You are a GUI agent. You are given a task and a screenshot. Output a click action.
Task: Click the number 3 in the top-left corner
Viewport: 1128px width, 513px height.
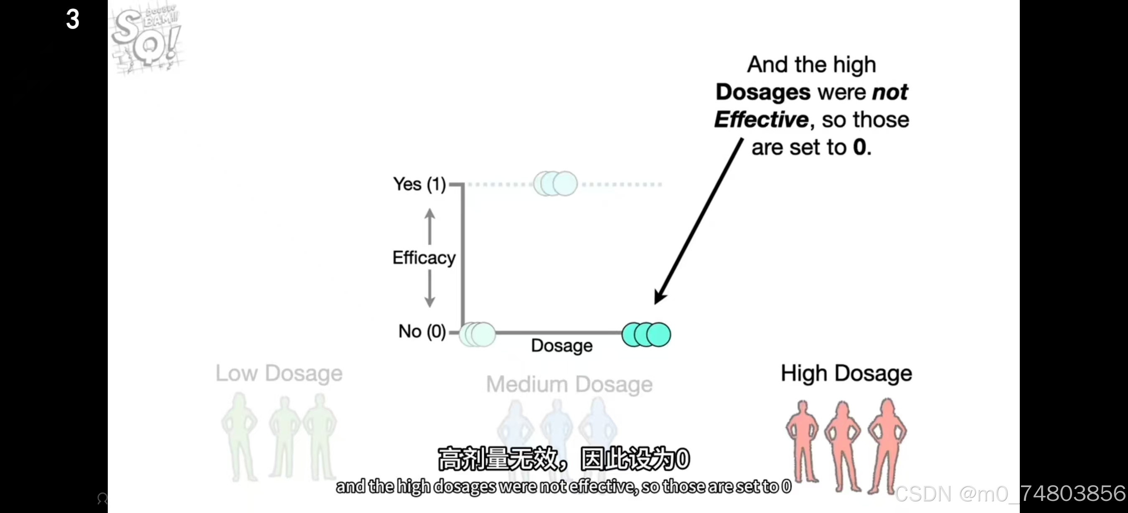tap(73, 19)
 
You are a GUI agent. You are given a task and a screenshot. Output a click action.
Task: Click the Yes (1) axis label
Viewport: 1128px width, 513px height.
tap(419, 184)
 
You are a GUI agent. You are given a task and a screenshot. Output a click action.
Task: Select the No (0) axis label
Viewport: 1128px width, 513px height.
tap(422, 331)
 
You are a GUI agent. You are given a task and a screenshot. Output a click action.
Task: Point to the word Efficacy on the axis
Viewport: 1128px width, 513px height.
tap(424, 257)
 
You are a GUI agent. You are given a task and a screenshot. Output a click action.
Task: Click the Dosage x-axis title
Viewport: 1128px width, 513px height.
tap(561, 345)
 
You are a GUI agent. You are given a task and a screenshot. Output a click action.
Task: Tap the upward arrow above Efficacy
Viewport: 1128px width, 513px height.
tap(429, 226)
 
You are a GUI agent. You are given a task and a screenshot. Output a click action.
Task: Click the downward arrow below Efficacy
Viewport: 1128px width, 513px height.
tap(429, 289)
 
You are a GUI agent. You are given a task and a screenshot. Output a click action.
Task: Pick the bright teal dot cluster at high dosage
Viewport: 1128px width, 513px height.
tap(646, 335)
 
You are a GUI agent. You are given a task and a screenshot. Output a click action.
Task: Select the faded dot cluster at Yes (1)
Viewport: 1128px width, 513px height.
tap(555, 183)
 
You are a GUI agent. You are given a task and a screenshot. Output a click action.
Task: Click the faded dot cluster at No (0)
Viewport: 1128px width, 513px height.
tap(477, 335)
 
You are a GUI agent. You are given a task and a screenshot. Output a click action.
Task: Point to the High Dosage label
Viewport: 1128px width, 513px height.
tap(846, 373)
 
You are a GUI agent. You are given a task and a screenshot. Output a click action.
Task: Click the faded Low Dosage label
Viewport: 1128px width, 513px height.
tap(279, 373)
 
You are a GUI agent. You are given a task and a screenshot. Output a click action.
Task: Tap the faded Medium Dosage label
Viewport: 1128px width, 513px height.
tap(569, 384)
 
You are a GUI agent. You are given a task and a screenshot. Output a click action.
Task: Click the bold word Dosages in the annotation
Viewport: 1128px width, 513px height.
tap(763, 92)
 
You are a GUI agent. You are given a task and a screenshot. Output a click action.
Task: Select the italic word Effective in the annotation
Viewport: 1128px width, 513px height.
tap(761, 119)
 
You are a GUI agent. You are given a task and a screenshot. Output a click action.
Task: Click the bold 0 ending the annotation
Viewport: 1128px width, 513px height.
tap(859, 147)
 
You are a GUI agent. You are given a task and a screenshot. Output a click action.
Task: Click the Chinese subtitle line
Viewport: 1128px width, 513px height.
tap(564, 458)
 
